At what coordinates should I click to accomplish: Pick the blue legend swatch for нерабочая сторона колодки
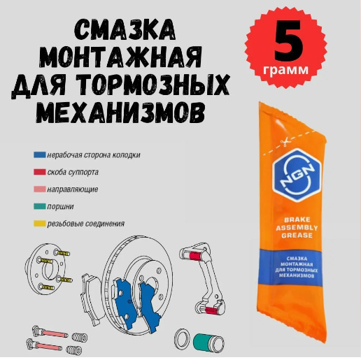coord(39,154)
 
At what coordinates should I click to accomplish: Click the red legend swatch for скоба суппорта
coord(39,172)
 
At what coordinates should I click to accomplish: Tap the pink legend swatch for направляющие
coord(39,189)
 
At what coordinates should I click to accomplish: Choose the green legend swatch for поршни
coord(39,207)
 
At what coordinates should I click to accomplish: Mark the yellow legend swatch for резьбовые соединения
coord(39,224)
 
